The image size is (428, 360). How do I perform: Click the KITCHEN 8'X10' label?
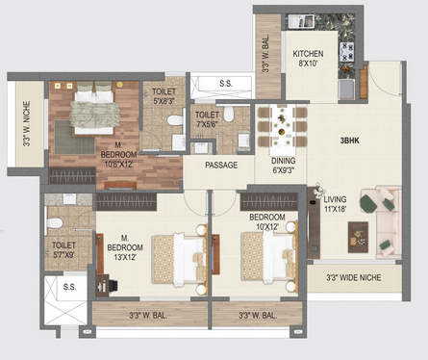coord(308,58)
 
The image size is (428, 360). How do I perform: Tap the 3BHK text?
coord(350,141)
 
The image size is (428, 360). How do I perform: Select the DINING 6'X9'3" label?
coord(284,166)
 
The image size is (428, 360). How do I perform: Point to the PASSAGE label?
coord(221,165)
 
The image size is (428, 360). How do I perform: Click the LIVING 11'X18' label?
coord(335,204)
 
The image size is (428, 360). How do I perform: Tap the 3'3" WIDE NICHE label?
coord(354,277)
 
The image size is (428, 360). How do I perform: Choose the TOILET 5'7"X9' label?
coord(63,250)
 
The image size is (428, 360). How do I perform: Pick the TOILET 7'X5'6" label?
coord(207,119)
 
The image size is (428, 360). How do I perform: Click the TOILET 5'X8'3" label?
coord(164,96)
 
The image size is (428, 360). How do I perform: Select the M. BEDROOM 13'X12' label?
coord(125,247)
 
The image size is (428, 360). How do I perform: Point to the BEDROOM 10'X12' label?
coord(267,221)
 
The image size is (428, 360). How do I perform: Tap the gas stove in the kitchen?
coord(347,52)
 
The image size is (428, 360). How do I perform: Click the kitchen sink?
coord(301,22)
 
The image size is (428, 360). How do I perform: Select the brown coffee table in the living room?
coord(358,237)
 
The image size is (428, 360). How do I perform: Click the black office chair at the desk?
coord(113,286)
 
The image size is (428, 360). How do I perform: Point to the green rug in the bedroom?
coord(74,138)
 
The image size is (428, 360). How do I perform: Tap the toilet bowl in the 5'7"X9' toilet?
coord(55,223)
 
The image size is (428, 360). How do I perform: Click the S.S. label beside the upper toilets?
coord(226,84)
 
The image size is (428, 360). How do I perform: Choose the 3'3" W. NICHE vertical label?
coord(27,124)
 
